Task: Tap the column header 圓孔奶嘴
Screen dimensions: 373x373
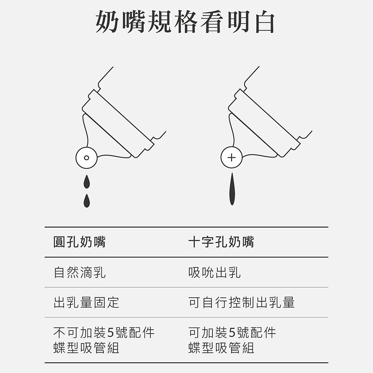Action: click(x=79, y=242)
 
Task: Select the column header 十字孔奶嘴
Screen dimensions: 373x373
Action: click(x=221, y=242)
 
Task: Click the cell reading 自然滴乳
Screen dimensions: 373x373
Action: click(x=79, y=272)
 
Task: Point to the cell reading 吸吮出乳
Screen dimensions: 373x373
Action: click(x=214, y=272)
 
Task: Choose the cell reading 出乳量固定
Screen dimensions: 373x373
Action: click(x=86, y=303)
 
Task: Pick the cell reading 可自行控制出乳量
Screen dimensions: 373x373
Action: click(x=241, y=303)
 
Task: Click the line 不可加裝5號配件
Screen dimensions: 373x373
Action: click(x=104, y=333)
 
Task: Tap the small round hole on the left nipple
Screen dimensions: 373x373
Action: click(x=87, y=158)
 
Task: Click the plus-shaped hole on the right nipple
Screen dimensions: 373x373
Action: click(x=232, y=157)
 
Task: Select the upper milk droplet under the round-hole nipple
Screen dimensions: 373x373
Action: click(x=87, y=182)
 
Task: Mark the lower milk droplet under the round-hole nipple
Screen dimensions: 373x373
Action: click(x=87, y=201)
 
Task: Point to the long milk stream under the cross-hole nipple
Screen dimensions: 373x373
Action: click(x=232, y=189)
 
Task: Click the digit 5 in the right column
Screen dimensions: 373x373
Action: click(x=232, y=333)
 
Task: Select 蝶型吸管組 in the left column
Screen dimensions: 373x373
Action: click(x=86, y=348)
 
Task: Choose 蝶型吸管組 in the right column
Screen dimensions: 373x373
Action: click(x=221, y=348)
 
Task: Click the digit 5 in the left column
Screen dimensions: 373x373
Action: click(x=111, y=333)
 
